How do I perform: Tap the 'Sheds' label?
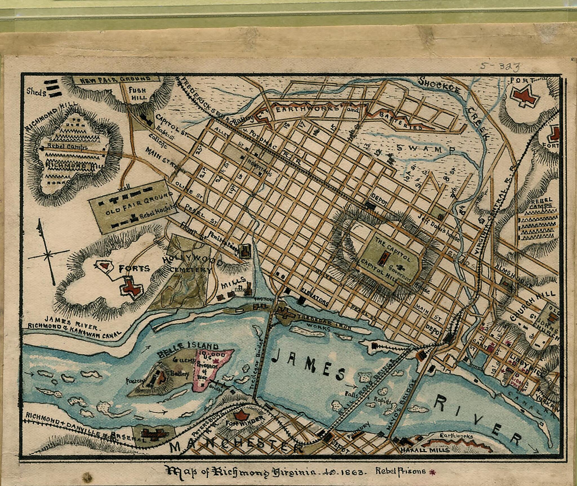pos(36,92)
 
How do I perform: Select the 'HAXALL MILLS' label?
pos(425,450)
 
